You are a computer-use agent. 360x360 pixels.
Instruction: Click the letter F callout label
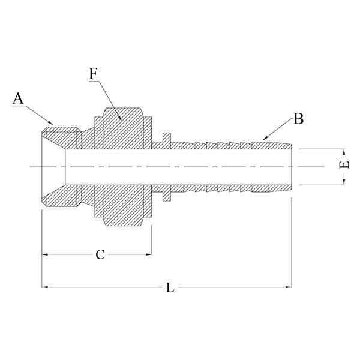tap(93, 74)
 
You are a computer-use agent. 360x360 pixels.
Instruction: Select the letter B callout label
tap(298, 119)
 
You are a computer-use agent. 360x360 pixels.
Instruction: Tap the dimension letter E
tap(343, 165)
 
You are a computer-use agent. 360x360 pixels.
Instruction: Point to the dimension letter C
tap(101, 254)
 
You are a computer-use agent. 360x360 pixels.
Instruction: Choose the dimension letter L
tap(170, 289)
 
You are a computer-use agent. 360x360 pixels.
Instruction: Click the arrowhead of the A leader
tap(52, 123)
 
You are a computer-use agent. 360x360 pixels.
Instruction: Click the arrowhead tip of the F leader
tap(122, 121)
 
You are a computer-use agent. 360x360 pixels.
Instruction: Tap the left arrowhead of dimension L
tap(44, 289)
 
